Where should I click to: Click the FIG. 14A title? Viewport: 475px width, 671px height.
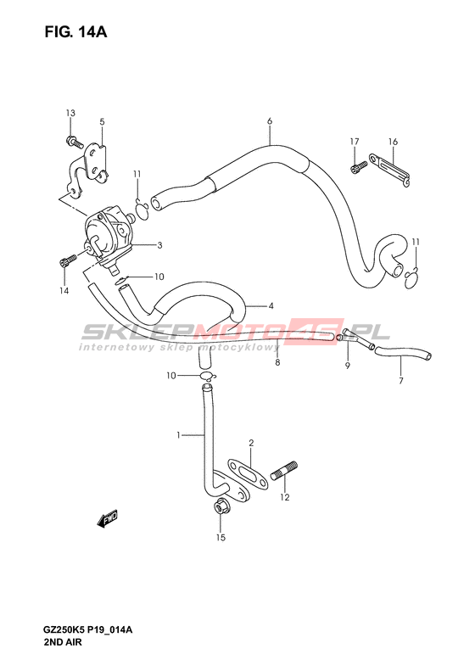click(75, 32)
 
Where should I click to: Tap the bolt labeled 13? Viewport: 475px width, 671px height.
click(74, 142)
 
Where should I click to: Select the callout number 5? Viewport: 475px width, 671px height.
click(102, 122)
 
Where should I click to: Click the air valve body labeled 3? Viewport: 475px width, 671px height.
click(110, 238)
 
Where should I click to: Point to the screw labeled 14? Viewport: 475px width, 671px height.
click(68, 261)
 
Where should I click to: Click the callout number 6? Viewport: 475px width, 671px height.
click(270, 121)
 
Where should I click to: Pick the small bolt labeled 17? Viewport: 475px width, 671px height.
click(359, 167)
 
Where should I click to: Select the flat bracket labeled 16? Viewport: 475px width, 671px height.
click(389, 170)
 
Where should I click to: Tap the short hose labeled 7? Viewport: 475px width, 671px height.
click(403, 353)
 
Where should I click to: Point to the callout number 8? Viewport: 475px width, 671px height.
click(277, 362)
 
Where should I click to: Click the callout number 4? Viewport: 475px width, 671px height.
click(271, 306)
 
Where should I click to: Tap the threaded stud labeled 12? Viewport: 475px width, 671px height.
click(284, 471)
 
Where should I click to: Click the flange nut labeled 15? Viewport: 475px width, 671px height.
click(221, 508)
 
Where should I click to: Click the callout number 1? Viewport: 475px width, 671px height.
click(178, 435)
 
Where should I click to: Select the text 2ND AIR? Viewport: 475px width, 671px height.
click(62, 642)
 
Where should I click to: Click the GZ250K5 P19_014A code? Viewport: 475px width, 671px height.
click(88, 629)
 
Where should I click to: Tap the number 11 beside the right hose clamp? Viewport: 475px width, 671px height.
click(416, 243)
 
